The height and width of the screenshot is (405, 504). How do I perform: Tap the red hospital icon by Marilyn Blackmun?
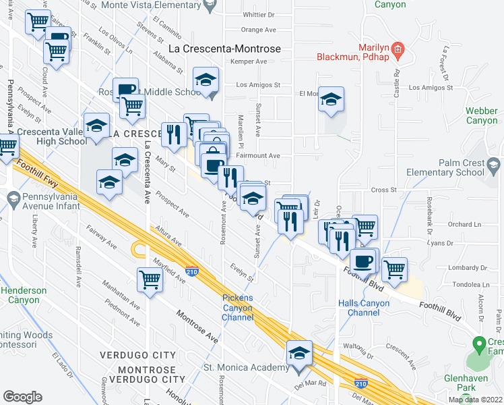[x=398, y=49]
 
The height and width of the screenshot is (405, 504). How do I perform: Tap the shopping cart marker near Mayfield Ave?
[x=149, y=278]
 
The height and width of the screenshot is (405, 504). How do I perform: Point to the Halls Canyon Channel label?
[x=364, y=308]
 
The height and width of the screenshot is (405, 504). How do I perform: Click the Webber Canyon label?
[x=482, y=115]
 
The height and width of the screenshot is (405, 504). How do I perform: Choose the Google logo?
[x=22, y=397]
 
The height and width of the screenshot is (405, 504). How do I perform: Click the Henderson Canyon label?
[x=24, y=295]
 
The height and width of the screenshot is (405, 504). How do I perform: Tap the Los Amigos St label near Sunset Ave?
[x=258, y=86]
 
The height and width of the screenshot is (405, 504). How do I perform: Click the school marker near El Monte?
[x=331, y=99]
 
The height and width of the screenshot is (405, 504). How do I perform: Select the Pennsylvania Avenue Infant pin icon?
[x=12, y=198]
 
